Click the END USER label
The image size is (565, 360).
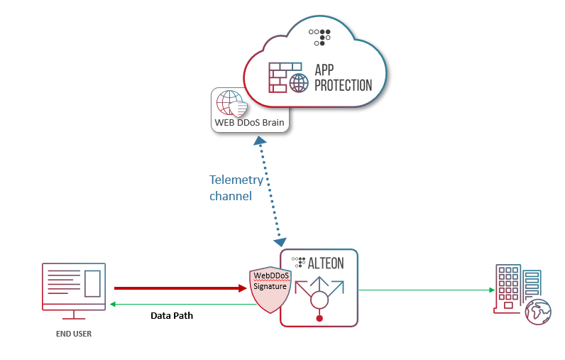click(x=75, y=333)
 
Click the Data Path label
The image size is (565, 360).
click(x=172, y=315)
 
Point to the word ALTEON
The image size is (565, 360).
click(x=326, y=263)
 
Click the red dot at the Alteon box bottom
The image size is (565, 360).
click(x=319, y=318)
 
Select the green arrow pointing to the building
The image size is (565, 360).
click(x=426, y=290)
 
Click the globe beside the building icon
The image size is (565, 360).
click(x=537, y=311)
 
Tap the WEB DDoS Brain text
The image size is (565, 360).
click(x=249, y=123)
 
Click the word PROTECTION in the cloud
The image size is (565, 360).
click(x=344, y=85)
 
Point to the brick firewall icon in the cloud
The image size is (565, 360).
click(x=279, y=77)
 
